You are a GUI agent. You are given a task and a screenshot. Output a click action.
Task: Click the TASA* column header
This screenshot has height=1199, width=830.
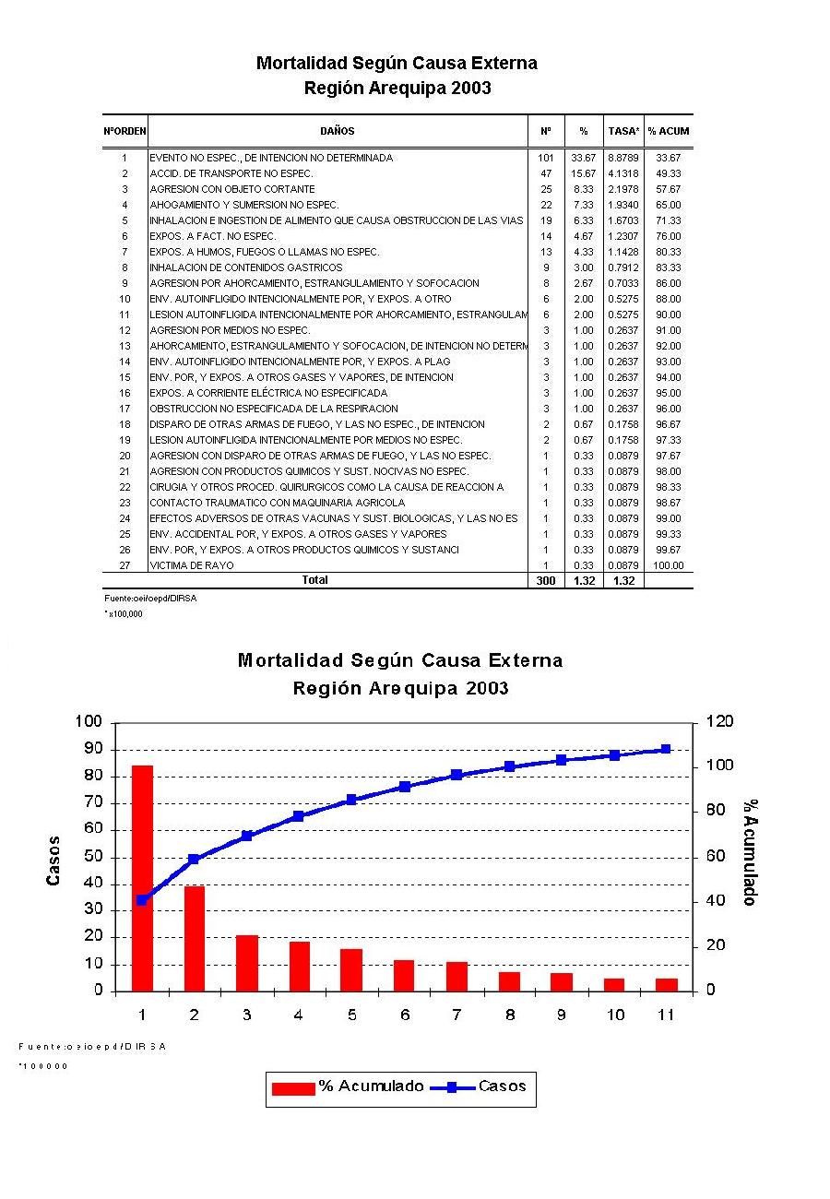[x=623, y=131]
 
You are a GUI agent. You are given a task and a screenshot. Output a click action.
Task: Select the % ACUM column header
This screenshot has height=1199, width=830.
[x=669, y=131]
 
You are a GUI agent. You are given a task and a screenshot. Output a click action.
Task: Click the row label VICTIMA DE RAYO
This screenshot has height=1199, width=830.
[x=192, y=565]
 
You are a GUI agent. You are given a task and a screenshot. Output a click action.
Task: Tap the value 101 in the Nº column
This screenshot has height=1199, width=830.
[x=546, y=158]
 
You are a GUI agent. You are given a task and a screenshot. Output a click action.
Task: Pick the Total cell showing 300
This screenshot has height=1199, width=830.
[x=546, y=581]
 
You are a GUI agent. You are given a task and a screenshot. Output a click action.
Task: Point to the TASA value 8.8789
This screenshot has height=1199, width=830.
[x=623, y=158]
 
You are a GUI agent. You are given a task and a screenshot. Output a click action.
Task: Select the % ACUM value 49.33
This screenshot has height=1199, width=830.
[x=669, y=173]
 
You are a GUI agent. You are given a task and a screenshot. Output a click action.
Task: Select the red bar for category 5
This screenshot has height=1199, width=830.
[x=351, y=969]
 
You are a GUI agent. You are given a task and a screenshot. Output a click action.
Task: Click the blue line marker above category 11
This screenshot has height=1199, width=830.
[x=666, y=750]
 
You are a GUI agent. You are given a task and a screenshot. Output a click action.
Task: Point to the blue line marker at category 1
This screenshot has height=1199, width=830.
[x=142, y=900]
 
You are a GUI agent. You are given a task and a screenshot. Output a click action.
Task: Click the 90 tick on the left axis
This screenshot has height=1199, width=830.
[x=92, y=749]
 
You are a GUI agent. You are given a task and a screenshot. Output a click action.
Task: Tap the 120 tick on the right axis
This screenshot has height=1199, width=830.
[x=719, y=722]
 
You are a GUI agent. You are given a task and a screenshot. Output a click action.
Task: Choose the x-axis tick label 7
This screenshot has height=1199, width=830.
[x=456, y=1015]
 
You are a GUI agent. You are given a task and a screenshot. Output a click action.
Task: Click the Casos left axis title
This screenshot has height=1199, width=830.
[x=53, y=860]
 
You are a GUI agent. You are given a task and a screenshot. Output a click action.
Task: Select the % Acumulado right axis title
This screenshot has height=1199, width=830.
[x=751, y=851]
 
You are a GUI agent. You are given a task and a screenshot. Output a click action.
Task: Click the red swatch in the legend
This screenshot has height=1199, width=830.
[x=294, y=1088]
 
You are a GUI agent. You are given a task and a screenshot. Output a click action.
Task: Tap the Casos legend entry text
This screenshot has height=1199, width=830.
[x=503, y=1086]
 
